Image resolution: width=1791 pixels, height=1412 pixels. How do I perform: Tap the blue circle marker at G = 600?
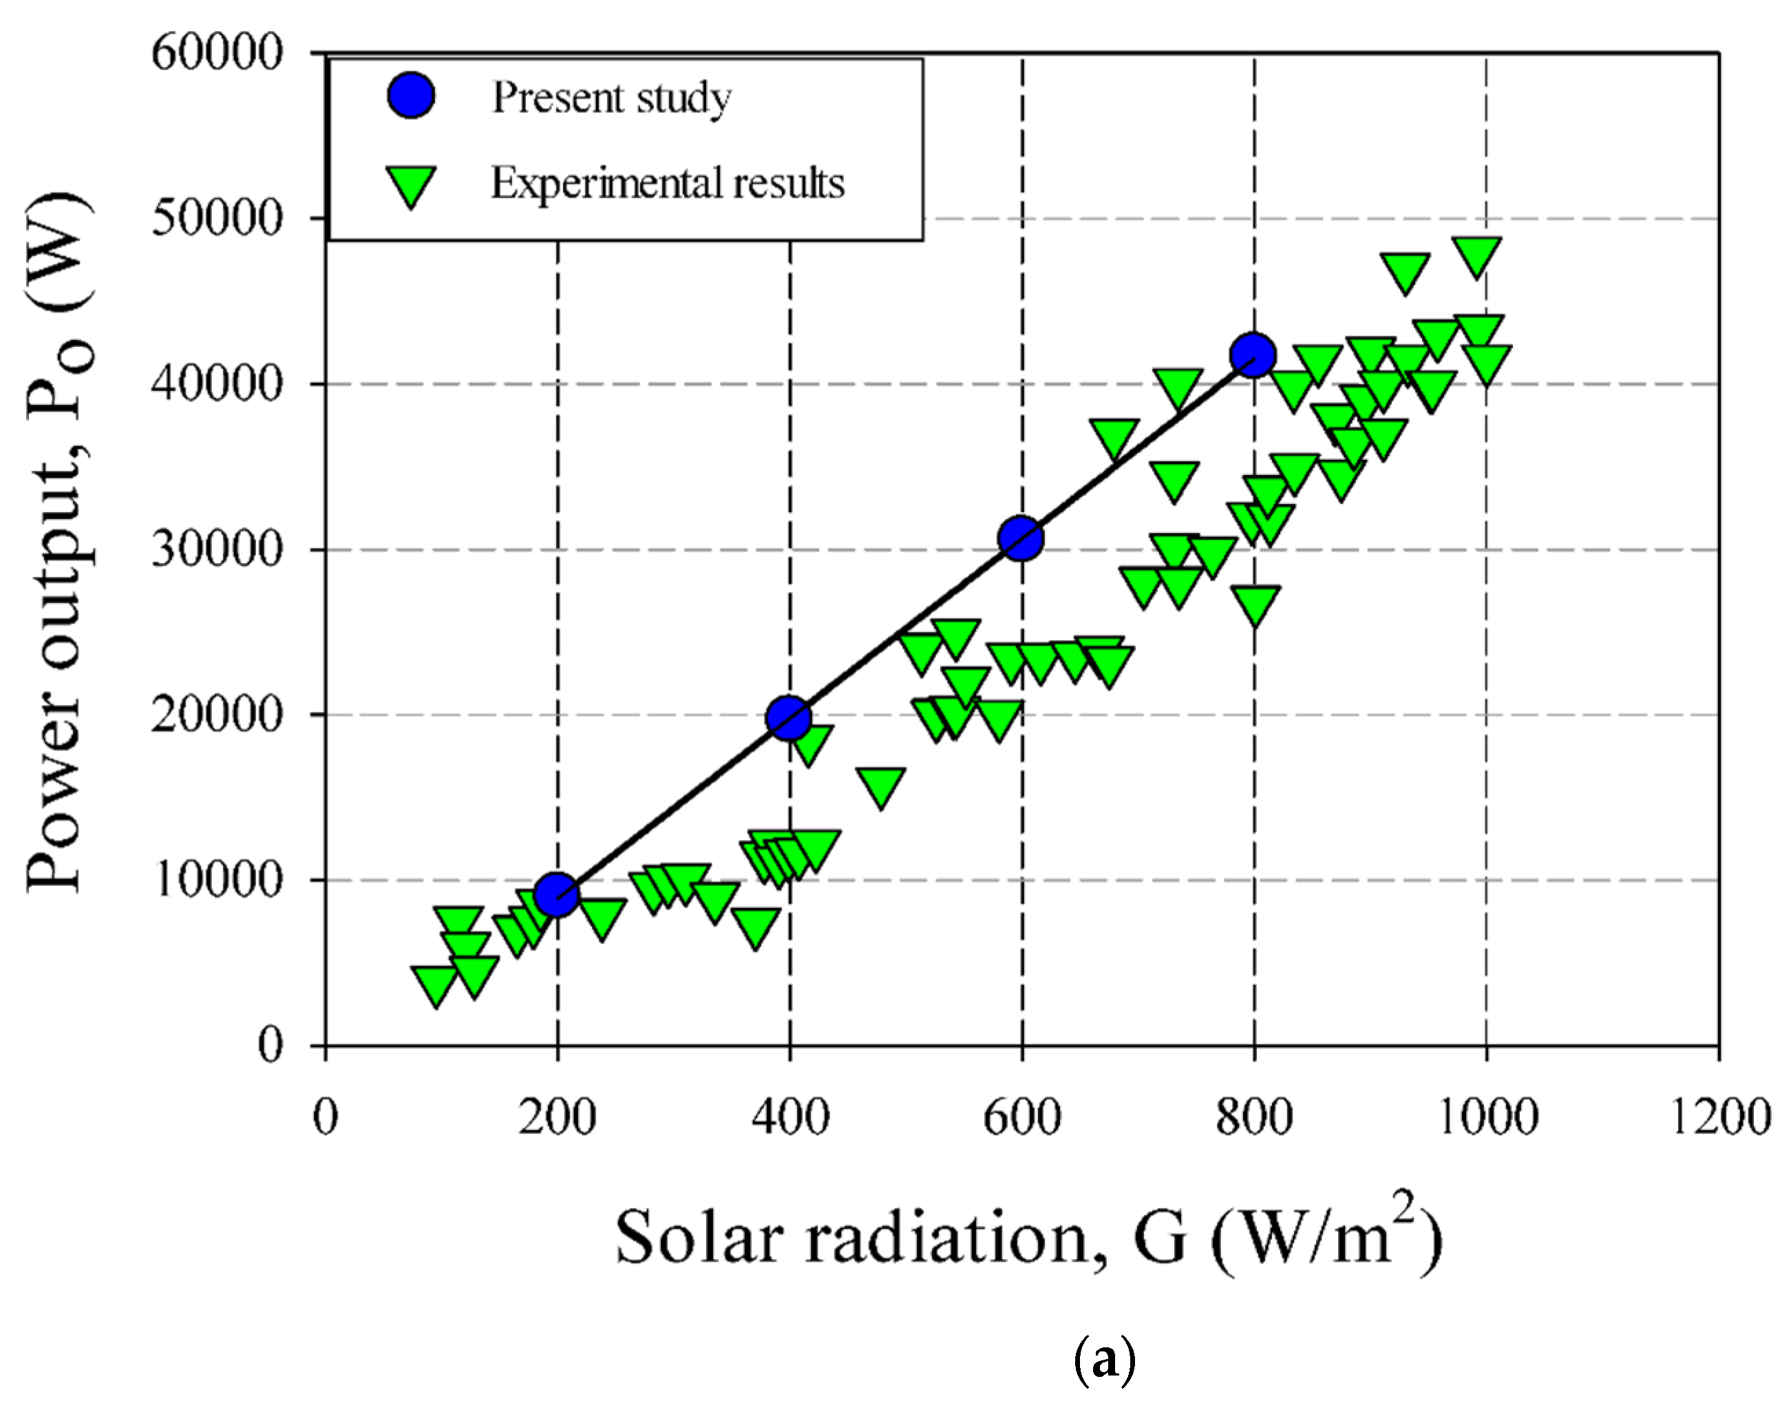1021,538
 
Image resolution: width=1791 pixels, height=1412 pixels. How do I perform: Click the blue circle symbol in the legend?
411,96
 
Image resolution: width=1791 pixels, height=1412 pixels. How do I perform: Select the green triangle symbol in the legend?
411,185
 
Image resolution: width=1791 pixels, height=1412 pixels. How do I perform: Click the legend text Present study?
612,98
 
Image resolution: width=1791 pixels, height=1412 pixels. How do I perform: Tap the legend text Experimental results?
668,184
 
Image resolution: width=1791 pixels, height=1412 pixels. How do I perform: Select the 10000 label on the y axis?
218,880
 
